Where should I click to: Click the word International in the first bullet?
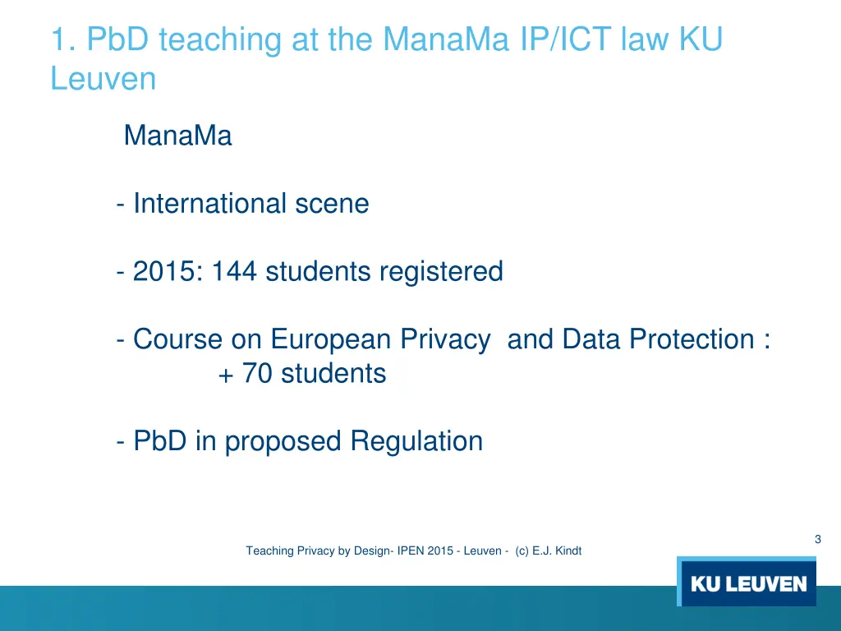(x=198, y=203)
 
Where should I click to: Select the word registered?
(x=440, y=271)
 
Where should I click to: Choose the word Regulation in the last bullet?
(x=416, y=441)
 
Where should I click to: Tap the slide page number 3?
(x=817, y=539)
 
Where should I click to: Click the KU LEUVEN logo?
(x=748, y=584)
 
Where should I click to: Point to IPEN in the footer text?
(x=411, y=551)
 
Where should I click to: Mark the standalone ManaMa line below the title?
(x=177, y=136)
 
